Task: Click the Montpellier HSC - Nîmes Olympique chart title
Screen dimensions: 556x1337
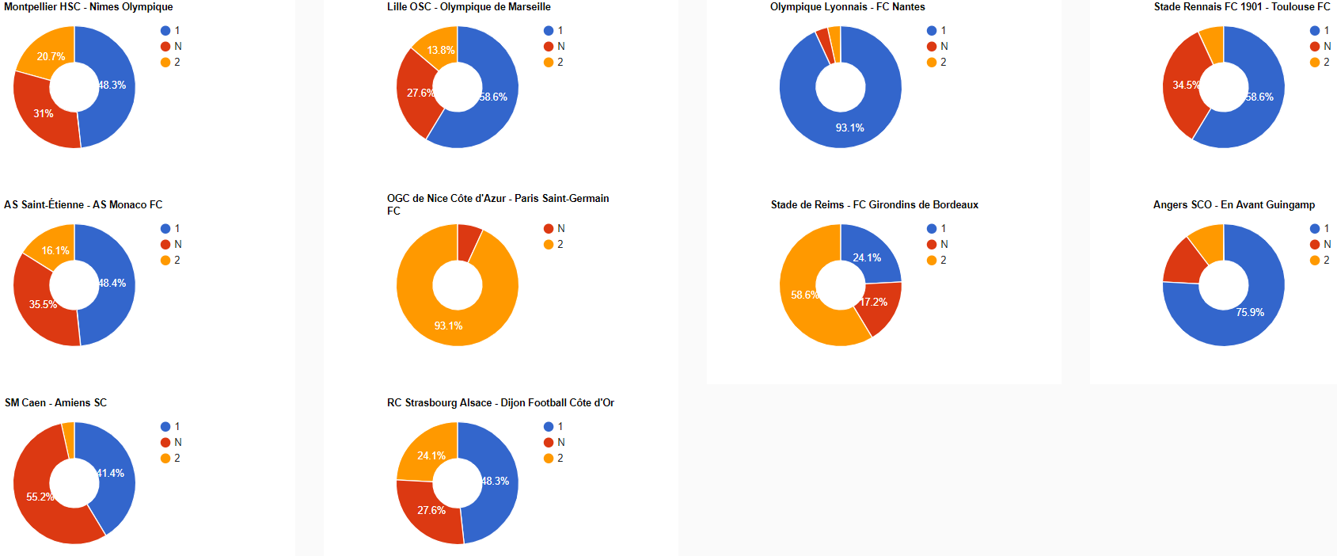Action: [88, 7]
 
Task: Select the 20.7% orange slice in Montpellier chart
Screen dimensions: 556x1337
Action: [47, 53]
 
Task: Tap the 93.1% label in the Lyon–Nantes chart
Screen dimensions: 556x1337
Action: [849, 128]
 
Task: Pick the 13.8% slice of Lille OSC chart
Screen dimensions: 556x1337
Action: [439, 48]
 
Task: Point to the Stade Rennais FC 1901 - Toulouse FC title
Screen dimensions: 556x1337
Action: [1241, 7]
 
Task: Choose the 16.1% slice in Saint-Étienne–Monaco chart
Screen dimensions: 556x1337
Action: [52, 248]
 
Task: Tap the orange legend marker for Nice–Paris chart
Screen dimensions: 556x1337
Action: [549, 245]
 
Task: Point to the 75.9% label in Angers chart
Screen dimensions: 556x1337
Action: [1250, 312]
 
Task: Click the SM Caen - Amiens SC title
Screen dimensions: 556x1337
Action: [55, 403]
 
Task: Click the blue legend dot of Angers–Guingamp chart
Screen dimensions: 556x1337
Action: [1315, 229]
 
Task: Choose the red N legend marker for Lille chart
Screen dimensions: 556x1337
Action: [549, 47]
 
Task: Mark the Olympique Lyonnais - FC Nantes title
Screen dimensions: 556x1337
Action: [847, 7]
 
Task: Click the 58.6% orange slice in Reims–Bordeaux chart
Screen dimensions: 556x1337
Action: [807, 301]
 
